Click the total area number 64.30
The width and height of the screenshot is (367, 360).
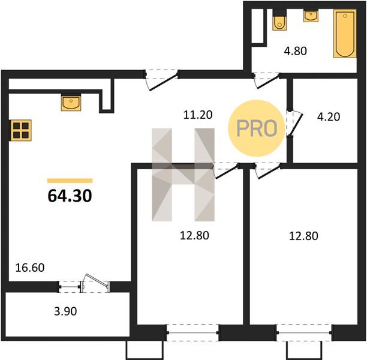pyautogui.click(x=70, y=196)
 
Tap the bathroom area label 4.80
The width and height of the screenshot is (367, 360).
pyautogui.click(x=296, y=51)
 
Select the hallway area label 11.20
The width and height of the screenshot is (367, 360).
pyautogui.click(x=198, y=115)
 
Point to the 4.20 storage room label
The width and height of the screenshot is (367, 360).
pyautogui.click(x=329, y=116)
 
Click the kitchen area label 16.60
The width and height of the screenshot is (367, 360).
pyautogui.click(x=30, y=268)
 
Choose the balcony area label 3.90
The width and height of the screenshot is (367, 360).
pyautogui.click(x=65, y=311)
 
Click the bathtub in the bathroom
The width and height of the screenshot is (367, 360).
pyautogui.click(x=345, y=34)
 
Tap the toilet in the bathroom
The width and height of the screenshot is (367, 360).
pyautogui.click(x=279, y=20)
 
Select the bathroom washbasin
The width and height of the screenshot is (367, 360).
pyautogui.click(x=311, y=16)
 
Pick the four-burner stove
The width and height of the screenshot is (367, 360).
pyautogui.click(x=21, y=130)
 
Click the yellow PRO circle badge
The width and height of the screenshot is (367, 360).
pyautogui.click(x=257, y=128)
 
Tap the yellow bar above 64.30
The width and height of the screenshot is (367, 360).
pyautogui.click(x=70, y=181)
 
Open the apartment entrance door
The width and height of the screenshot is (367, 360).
pyautogui.click(x=161, y=80)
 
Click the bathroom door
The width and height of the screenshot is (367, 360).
pyautogui.click(x=267, y=80)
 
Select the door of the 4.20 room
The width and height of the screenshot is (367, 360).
pyautogui.click(x=294, y=123)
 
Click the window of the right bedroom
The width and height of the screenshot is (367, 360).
pyautogui.click(x=304, y=332)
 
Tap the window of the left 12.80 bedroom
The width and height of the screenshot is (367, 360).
pyautogui.click(x=192, y=332)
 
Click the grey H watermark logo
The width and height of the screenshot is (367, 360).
pyautogui.click(x=183, y=175)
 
